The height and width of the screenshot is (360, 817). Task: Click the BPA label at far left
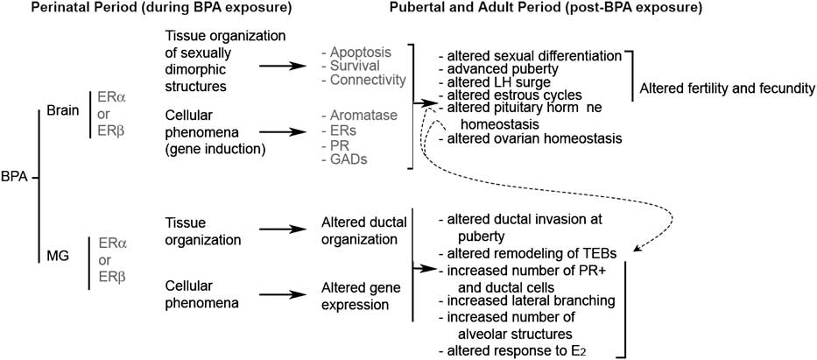pos(15,178)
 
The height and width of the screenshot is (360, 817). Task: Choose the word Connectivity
pos(365,80)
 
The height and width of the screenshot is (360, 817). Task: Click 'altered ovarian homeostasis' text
pos(531,138)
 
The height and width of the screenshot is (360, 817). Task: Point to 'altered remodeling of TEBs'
pos(528,254)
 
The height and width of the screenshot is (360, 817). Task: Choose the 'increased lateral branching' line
pos(528,300)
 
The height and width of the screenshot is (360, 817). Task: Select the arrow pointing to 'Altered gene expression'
pos(282,294)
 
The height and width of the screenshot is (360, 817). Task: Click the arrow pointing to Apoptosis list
pos(282,67)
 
